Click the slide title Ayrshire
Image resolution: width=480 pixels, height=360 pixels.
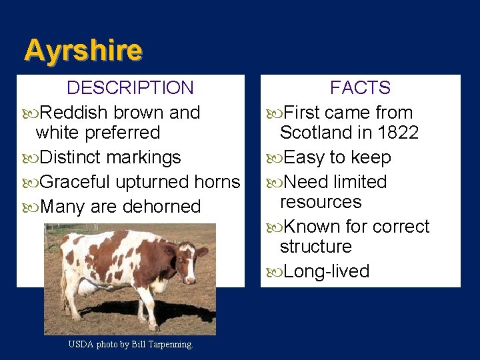(83, 51)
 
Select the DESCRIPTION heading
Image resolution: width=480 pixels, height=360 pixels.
(130, 88)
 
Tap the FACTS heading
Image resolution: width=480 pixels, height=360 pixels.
(360, 88)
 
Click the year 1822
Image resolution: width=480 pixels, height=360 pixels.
(397, 133)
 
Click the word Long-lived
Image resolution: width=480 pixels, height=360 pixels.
(326, 271)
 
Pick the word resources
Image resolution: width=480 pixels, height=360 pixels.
(321, 202)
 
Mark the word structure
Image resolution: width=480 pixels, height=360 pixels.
(315, 247)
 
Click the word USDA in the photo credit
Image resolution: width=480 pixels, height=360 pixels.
(81, 345)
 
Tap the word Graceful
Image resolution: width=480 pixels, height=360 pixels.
(75, 182)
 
